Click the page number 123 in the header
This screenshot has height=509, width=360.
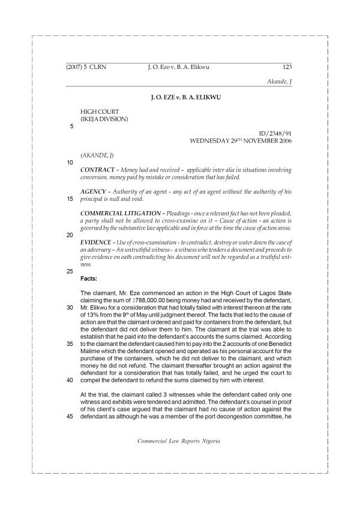click(286, 68)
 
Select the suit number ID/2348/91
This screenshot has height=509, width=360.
click(275, 134)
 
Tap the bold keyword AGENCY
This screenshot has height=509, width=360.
click(94, 192)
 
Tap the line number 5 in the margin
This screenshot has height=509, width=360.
click(72, 127)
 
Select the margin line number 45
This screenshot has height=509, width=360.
click(70, 435)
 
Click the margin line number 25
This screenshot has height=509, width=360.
click(70, 271)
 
